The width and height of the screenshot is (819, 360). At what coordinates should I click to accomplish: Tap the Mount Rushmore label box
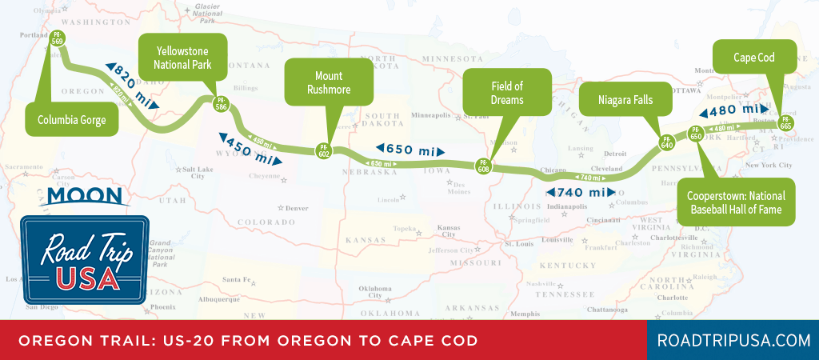[x=329, y=83]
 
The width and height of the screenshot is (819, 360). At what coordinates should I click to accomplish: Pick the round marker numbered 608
[x=484, y=166]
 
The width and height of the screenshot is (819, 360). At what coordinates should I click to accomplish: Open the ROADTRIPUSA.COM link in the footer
[x=733, y=340]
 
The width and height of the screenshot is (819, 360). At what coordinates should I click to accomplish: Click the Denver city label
[x=296, y=207]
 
